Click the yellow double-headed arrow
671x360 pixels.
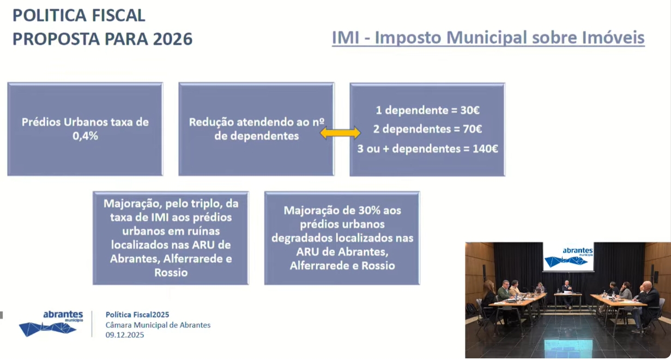click(x=340, y=133)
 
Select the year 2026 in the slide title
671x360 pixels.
click(x=173, y=39)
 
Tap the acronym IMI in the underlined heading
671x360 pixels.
click(x=346, y=38)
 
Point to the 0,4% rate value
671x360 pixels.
click(x=85, y=136)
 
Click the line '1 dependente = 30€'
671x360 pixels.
click(x=427, y=110)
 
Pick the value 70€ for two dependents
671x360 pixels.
click(x=473, y=129)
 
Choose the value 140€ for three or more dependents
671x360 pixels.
click(x=485, y=149)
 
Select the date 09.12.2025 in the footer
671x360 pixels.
click(x=125, y=335)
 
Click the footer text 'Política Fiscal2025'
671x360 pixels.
click(x=137, y=315)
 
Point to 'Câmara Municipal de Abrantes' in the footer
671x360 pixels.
click(x=158, y=325)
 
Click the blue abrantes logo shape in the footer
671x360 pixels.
click(x=47, y=329)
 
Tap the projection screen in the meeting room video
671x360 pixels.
click(x=569, y=257)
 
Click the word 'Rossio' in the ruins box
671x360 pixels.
click(x=171, y=273)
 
